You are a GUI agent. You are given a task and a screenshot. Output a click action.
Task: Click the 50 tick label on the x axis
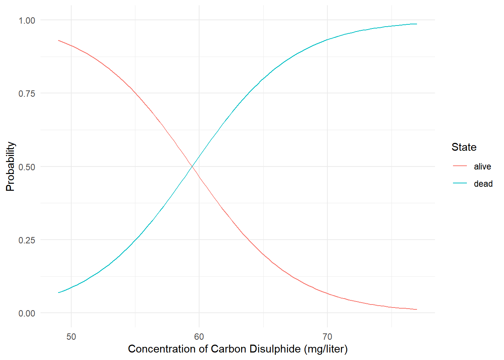pyautogui.click(x=71, y=336)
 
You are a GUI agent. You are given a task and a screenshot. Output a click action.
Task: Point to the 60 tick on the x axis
pyautogui.click(x=199, y=336)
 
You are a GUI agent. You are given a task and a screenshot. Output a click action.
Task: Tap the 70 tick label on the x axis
pyautogui.click(x=327, y=336)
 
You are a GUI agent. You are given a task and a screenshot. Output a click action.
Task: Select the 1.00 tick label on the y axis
pyautogui.click(x=27, y=20)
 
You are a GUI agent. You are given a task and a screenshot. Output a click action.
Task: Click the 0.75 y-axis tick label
pyautogui.click(x=27, y=93)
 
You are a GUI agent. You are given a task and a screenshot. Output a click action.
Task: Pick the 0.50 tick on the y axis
pyautogui.click(x=27, y=167)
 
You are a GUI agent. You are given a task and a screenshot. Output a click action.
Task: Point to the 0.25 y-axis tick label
pyautogui.click(x=27, y=240)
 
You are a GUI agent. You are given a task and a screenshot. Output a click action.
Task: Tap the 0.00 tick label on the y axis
pyautogui.click(x=27, y=313)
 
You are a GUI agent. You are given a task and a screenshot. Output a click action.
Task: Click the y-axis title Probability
pyautogui.click(x=10, y=166)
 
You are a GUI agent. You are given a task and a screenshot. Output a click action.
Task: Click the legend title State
pyautogui.click(x=464, y=147)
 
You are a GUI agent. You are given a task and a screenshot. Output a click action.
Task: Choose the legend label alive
pyautogui.click(x=482, y=166)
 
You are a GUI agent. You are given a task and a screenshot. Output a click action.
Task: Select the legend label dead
pyautogui.click(x=483, y=184)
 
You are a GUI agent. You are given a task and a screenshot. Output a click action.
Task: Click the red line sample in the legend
pyautogui.click(x=460, y=166)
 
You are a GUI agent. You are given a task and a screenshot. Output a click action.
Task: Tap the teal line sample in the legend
pyautogui.click(x=460, y=183)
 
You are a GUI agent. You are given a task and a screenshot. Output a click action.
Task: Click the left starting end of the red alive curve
pyautogui.click(x=58, y=40)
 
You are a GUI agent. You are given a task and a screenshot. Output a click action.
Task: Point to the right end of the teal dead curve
pyautogui.click(x=417, y=24)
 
